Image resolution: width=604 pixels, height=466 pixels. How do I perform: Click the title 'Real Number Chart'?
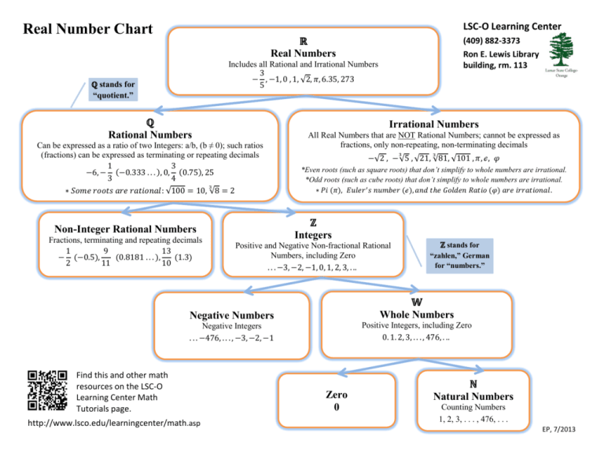(88, 30)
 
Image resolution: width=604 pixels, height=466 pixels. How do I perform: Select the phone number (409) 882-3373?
(492, 41)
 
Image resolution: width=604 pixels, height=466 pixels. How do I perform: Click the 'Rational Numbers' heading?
(149, 135)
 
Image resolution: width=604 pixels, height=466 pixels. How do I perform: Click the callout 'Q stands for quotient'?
(112, 89)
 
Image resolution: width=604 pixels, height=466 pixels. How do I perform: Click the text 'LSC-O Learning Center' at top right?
(513, 26)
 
